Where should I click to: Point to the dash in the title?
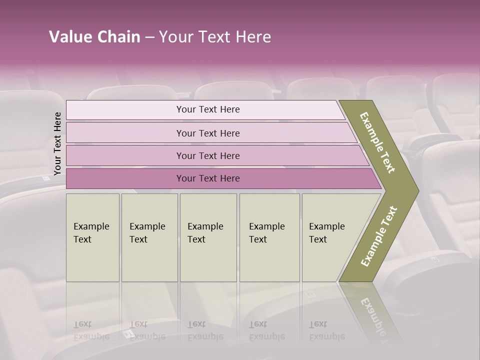pyautogui.click(x=149, y=37)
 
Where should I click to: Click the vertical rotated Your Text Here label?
pyautogui.click(x=57, y=143)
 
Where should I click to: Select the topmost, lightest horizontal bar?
pyautogui.click(x=207, y=109)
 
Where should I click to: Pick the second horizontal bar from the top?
pyautogui.click(x=207, y=133)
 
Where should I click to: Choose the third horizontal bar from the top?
pyautogui.click(x=207, y=155)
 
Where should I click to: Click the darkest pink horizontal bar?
pyautogui.click(x=207, y=178)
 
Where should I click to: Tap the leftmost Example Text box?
pyautogui.click(x=92, y=237)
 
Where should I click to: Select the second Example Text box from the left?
pyautogui.click(x=149, y=237)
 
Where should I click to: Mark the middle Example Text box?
pyautogui.click(x=208, y=237)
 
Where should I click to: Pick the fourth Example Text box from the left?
pyautogui.click(x=269, y=237)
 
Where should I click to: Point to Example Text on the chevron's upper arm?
pyautogui.click(x=378, y=142)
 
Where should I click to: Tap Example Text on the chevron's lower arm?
pyautogui.click(x=379, y=236)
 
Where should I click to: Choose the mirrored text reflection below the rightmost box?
pyautogui.click(x=327, y=330)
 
